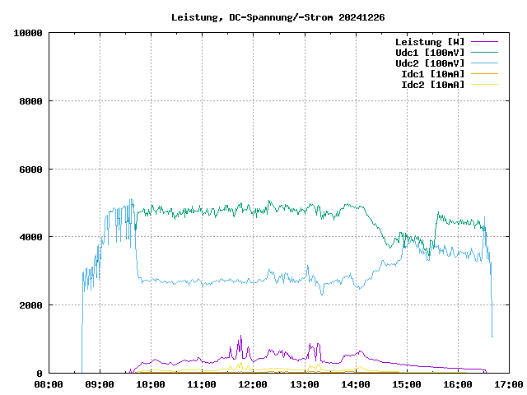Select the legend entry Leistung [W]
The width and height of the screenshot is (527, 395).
click(430, 42)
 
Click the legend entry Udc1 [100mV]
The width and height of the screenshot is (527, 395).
click(430, 53)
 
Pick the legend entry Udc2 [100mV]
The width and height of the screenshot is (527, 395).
click(430, 63)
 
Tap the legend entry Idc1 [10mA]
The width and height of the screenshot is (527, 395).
click(432, 74)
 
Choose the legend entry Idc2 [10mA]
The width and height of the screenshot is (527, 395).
click(432, 85)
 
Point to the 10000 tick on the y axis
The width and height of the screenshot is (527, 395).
click(28, 33)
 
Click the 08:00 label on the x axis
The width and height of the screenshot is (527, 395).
click(49, 384)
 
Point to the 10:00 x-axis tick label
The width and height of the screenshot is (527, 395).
click(151, 384)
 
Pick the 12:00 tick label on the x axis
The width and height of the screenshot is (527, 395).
click(253, 384)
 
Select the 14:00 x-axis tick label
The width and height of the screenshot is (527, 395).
click(355, 384)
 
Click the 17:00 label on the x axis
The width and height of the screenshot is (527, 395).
click(508, 384)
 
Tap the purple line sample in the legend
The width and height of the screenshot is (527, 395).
click(484, 42)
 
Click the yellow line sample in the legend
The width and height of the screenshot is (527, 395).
click(484, 85)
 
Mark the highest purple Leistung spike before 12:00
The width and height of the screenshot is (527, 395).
click(240, 337)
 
